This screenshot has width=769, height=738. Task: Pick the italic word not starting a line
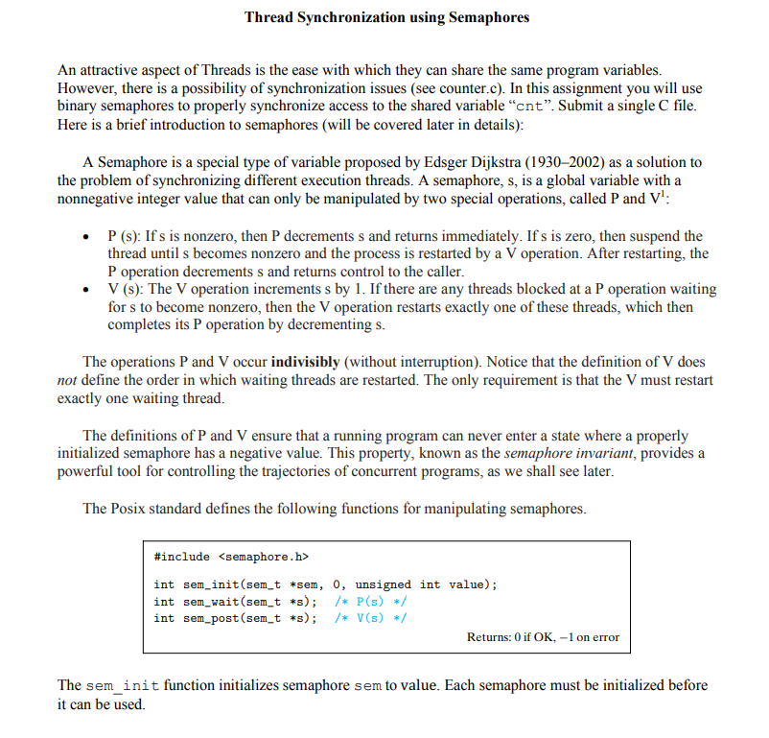coord(67,380)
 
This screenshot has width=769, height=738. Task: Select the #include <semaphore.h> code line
coord(231,556)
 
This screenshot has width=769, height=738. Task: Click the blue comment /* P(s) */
coord(370,602)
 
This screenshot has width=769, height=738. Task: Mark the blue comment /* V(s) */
coord(370,618)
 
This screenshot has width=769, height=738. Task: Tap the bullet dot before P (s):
coord(88,237)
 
